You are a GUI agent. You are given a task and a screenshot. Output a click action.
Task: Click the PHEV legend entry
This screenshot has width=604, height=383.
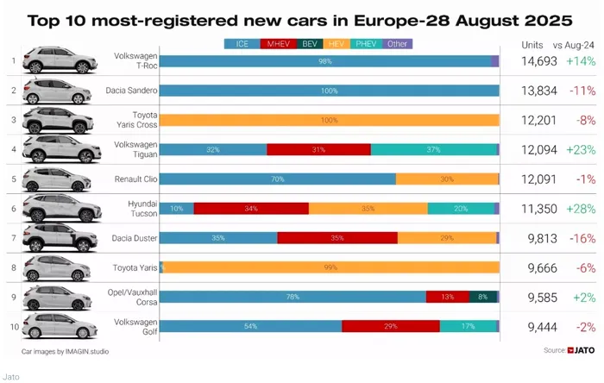[x=367, y=43]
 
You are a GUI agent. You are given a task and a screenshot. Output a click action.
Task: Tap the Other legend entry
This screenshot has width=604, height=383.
[x=398, y=43]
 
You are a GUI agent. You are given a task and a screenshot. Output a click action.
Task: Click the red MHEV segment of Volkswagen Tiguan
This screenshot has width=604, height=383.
[x=318, y=149]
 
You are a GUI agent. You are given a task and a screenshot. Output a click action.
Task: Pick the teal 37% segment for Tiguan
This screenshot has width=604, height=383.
[x=433, y=149]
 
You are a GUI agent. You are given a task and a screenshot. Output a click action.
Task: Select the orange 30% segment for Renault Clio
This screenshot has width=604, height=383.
[x=447, y=179]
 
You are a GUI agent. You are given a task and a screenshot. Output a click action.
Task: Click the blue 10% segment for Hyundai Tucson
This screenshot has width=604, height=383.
[x=177, y=208]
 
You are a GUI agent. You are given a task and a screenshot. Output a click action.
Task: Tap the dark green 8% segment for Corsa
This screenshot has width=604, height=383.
[x=483, y=296]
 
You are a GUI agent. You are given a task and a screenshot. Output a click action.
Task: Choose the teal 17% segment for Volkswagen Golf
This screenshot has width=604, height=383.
[x=468, y=325]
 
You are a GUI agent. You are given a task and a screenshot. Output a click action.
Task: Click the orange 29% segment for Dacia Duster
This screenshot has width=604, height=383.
[x=447, y=237]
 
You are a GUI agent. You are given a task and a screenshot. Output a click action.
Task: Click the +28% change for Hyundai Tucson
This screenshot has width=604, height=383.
[x=582, y=208]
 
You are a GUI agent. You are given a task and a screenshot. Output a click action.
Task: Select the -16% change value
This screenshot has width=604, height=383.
[x=582, y=237]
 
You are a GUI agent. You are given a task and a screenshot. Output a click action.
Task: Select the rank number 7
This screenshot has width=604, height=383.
[x=13, y=237]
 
